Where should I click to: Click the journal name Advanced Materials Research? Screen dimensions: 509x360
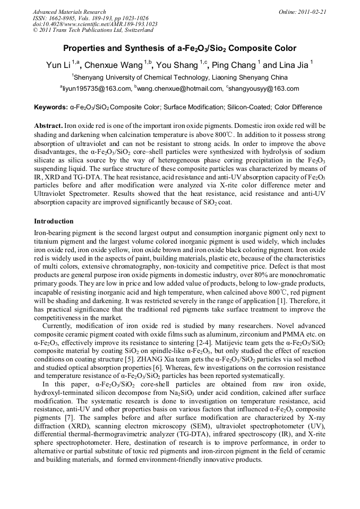pos(69,12)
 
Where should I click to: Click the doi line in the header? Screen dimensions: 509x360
pos(95,24)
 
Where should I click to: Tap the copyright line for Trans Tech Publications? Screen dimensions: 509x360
pos(93,30)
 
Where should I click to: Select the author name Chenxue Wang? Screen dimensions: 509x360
pos(115,65)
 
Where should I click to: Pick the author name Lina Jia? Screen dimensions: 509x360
pos(293,65)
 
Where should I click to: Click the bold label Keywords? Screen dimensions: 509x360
pos(51,107)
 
